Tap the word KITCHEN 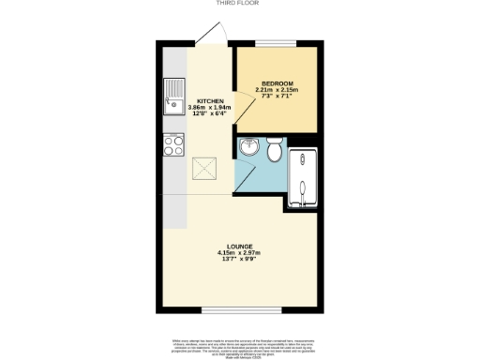(x=209, y=101)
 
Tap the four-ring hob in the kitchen (x=173, y=144)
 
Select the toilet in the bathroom (x=275, y=150)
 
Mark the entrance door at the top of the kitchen (x=213, y=34)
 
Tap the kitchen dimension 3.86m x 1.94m (x=209, y=108)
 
